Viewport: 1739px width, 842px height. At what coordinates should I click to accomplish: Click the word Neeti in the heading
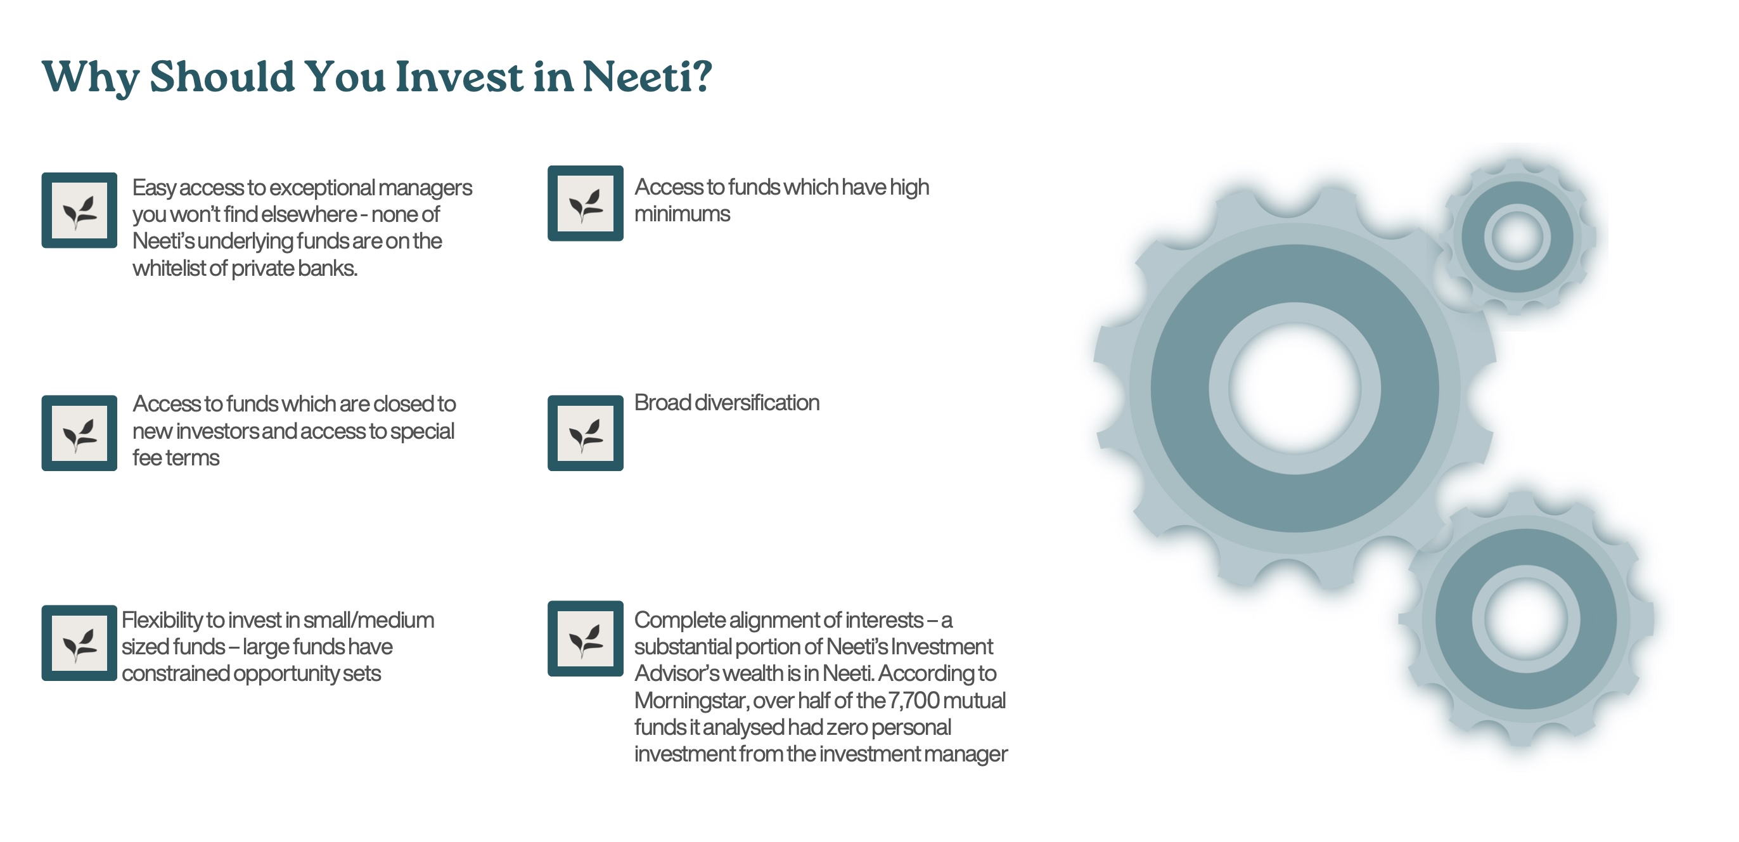(x=646, y=76)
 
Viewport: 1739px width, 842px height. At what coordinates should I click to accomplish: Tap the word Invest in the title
(x=459, y=76)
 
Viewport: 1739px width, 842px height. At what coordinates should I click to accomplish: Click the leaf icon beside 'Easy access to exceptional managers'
(x=79, y=210)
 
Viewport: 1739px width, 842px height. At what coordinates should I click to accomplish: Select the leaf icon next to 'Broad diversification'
(x=586, y=434)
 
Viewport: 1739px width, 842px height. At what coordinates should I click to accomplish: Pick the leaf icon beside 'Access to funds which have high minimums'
(x=586, y=204)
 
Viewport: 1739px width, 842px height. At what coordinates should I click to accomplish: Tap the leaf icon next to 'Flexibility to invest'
(x=79, y=643)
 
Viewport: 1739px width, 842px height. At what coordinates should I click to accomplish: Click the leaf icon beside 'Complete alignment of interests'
(x=586, y=638)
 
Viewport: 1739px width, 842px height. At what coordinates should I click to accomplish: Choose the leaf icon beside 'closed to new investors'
(x=79, y=434)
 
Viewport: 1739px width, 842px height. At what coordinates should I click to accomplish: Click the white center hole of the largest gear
(x=1294, y=388)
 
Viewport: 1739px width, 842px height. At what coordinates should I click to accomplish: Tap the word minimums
(x=682, y=214)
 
